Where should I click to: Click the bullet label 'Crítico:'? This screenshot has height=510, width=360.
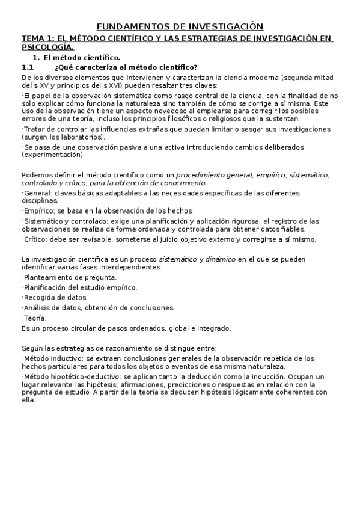point(38,239)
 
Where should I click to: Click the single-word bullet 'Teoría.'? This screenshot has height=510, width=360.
point(34,318)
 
